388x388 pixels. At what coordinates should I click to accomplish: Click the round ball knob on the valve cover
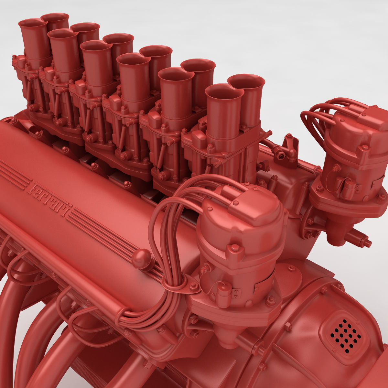click(142, 259)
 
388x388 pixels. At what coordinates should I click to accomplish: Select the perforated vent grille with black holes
click(346, 336)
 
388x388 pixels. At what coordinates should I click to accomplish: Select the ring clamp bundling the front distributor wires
click(175, 285)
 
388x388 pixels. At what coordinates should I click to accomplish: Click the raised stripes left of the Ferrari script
click(13, 175)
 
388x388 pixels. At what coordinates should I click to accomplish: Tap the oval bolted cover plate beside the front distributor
click(289, 278)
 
